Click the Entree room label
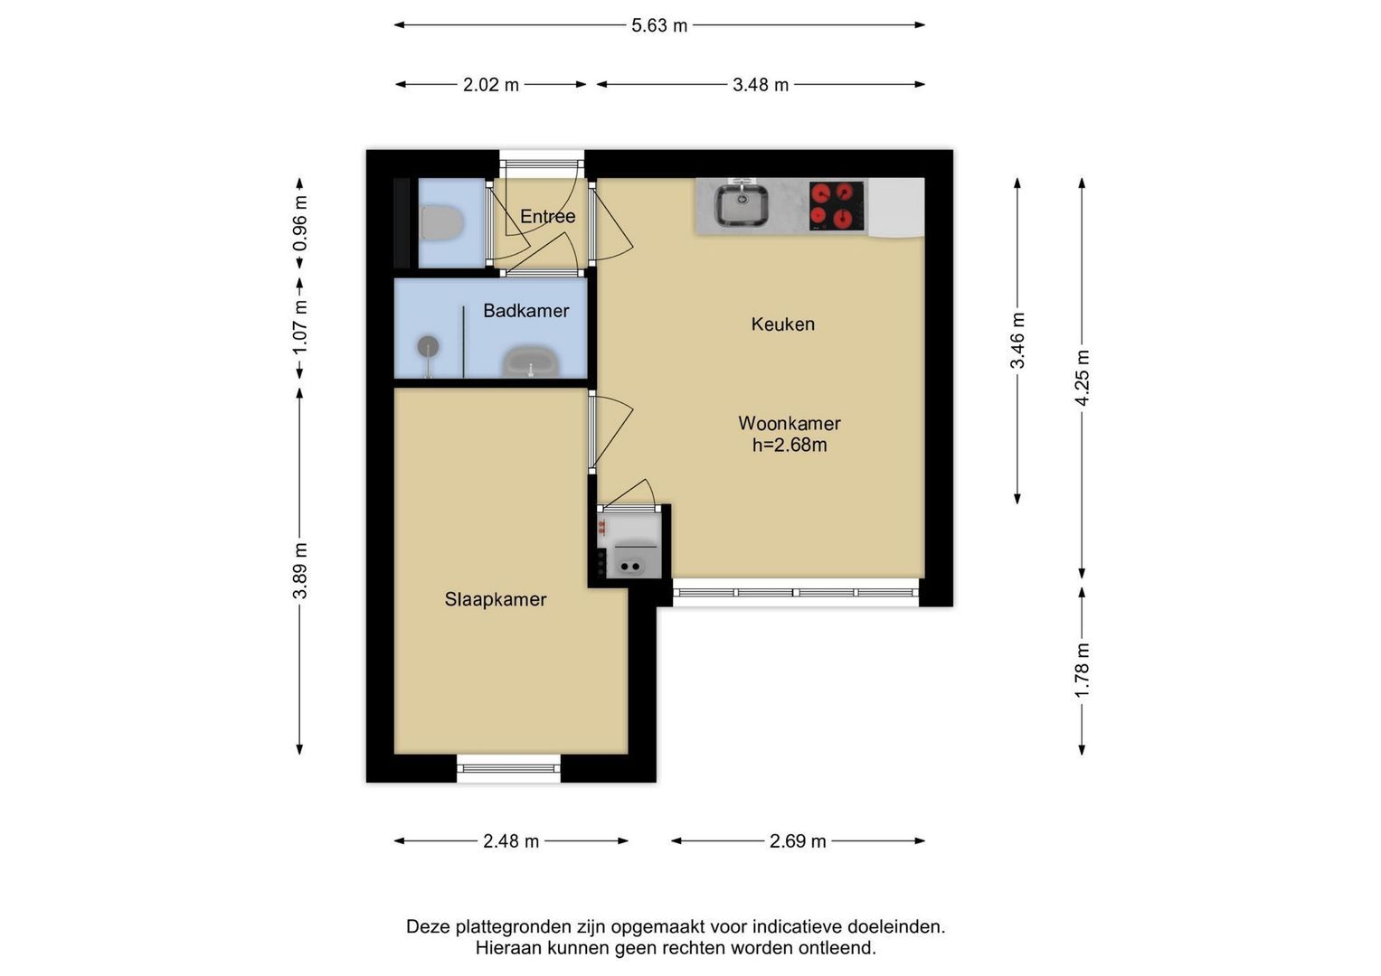tap(547, 216)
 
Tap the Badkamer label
tap(525, 311)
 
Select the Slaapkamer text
tap(496, 599)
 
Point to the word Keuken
tap(783, 324)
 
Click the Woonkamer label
tap(790, 423)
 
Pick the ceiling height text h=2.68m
tap(790, 445)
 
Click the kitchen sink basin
tap(742, 204)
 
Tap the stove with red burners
tap(837, 206)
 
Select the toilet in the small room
tap(441, 222)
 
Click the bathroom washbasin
tap(531, 362)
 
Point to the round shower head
tap(428, 346)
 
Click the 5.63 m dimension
tap(659, 25)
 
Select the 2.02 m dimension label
tap(491, 84)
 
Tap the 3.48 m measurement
tap(761, 84)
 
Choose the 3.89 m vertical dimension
tap(299, 570)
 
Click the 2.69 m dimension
tap(797, 841)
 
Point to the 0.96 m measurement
tap(299, 224)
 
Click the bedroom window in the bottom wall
tap(508, 768)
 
